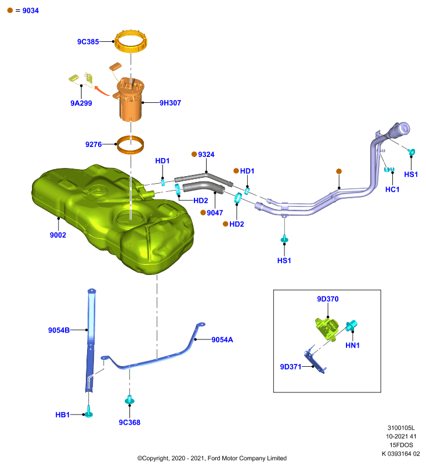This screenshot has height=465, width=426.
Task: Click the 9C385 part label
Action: click(88, 42)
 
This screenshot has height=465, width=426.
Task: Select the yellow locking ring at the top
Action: click(131, 47)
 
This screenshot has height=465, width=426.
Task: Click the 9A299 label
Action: click(81, 103)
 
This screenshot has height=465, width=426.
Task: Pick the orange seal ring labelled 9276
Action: click(131, 150)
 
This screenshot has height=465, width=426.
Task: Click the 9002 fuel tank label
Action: click(58, 235)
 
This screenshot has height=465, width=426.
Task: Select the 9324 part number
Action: click(207, 155)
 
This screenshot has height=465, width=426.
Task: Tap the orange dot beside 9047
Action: click(203, 213)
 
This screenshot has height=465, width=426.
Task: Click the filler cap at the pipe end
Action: click(400, 130)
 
